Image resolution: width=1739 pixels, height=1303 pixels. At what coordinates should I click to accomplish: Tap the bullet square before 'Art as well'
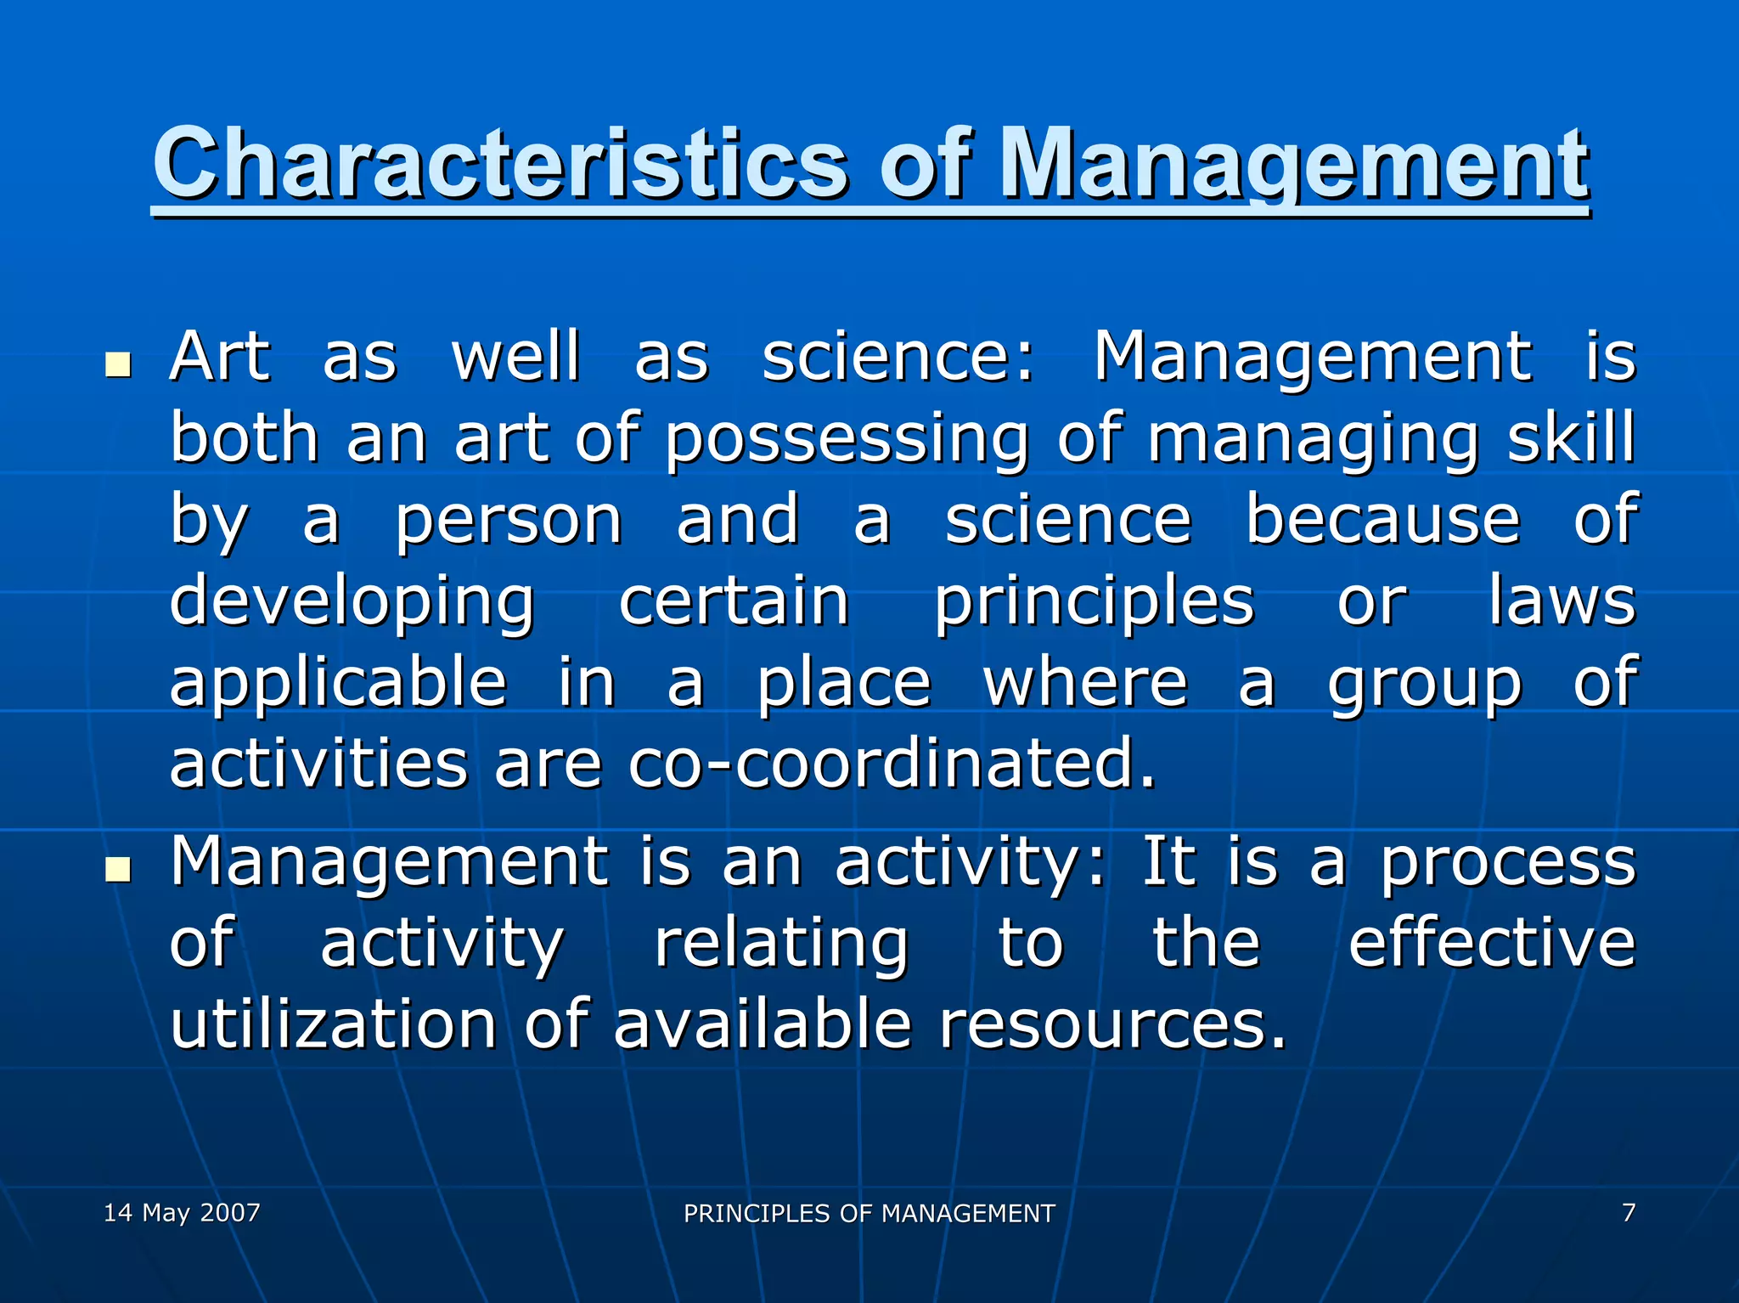118,364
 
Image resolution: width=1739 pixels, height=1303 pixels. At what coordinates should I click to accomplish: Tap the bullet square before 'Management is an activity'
118,869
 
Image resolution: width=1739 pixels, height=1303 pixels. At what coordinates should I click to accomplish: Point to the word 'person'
508,521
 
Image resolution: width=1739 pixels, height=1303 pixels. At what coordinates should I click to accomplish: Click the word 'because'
1382,519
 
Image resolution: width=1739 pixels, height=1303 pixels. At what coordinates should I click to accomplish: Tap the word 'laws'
1561,601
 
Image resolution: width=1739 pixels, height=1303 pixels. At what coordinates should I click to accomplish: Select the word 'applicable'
338,682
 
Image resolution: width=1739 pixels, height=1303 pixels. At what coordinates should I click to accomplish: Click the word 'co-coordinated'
892,763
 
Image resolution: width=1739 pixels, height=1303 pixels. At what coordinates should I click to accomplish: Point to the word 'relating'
781,944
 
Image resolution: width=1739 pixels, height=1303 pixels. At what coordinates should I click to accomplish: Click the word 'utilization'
333,1024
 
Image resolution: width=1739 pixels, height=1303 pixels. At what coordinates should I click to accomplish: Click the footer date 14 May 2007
182,1212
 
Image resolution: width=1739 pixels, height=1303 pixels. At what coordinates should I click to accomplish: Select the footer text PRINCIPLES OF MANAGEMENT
869,1213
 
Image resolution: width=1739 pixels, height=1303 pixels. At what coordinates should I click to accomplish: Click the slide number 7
1628,1212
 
